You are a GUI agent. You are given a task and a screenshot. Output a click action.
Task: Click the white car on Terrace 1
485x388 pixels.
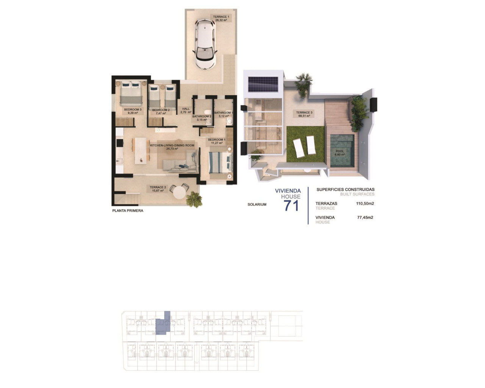pos(205,44)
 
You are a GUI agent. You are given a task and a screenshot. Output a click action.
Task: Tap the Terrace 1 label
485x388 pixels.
pos(221,17)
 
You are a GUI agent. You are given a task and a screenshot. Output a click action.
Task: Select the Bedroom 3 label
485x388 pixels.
pos(132,110)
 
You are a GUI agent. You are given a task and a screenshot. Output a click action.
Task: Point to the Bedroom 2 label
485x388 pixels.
pos(161,110)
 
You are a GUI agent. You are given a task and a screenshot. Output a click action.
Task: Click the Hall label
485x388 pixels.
pos(186,109)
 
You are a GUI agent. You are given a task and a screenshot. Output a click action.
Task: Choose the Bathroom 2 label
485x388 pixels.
pos(201,117)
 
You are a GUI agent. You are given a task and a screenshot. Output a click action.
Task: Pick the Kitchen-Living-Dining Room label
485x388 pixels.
pos(172,145)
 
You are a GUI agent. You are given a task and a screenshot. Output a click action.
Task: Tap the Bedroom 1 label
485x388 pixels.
pos(216,140)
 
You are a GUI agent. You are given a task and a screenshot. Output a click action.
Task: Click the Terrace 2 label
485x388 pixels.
pos(158,188)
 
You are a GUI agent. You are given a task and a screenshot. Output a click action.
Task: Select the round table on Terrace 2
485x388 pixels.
pos(179,192)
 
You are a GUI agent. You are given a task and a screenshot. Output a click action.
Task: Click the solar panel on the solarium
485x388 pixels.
pos(263,84)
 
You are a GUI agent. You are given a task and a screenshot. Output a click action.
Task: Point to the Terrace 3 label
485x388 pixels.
pos(304,113)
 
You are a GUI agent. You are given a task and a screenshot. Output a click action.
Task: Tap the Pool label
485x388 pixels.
pos(340,151)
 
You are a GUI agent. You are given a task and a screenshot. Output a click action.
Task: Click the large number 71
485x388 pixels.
pos(291,205)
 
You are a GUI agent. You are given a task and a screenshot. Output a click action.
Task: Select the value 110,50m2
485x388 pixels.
pos(365,203)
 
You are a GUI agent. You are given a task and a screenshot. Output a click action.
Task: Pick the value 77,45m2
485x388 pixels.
pos(365,217)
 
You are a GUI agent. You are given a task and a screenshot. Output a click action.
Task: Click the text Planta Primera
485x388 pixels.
pos(128,211)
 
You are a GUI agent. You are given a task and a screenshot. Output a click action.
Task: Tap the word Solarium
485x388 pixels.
pos(257,205)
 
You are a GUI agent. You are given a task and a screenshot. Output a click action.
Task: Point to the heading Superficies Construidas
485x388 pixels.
pos(345,189)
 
